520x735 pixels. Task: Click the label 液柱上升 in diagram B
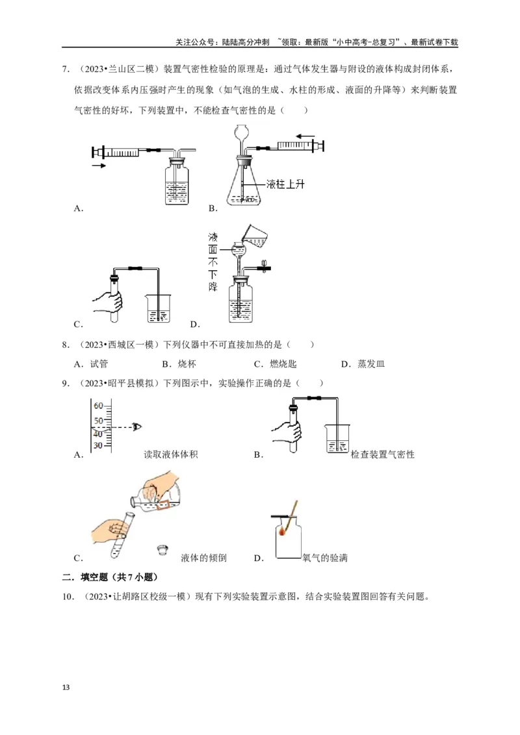tap(286, 184)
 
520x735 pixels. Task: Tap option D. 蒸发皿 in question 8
tap(363, 364)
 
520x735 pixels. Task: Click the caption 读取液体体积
tap(171, 455)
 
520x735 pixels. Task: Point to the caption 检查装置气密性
tap(382, 455)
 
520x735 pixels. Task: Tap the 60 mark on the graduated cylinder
tap(99, 406)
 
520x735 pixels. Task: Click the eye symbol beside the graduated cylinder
tap(136, 427)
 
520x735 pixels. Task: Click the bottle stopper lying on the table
tap(162, 551)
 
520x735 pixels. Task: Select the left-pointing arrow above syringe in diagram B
tap(296, 136)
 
